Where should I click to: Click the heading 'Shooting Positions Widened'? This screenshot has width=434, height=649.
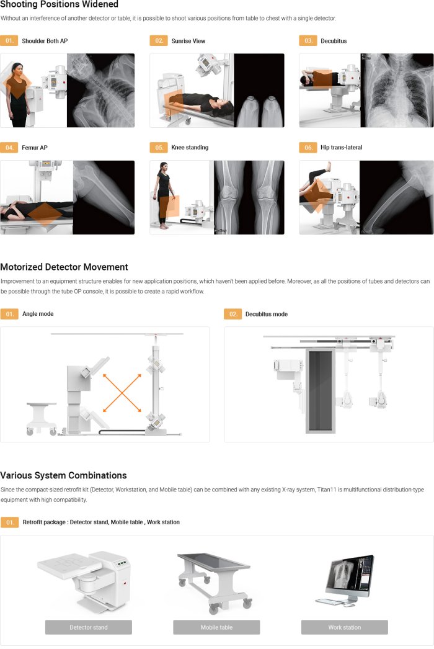point(59,4)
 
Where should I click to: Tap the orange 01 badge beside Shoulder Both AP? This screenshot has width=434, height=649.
point(9,40)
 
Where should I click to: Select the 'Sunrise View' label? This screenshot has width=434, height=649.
point(188,41)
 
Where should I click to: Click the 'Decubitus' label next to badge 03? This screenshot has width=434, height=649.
point(334,41)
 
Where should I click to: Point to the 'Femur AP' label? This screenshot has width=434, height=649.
point(35,147)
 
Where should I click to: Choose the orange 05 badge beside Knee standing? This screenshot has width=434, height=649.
point(159,147)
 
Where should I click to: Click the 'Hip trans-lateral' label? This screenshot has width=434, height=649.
point(342,147)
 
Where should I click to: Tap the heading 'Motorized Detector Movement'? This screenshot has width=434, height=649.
point(64,267)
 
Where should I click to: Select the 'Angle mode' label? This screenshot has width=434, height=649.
point(38,314)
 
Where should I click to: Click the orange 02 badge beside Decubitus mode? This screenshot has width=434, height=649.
point(233,314)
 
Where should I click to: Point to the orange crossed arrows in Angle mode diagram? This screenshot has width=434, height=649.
point(122,393)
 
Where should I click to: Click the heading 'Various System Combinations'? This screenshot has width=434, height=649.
point(63,475)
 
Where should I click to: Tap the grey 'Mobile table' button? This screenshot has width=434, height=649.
point(216,627)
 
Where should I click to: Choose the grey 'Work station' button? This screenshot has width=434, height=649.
point(345,627)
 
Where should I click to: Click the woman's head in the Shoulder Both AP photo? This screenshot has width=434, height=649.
point(17,68)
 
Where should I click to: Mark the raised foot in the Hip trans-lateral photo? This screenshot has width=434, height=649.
point(328,166)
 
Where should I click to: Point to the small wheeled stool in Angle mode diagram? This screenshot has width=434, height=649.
point(42,418)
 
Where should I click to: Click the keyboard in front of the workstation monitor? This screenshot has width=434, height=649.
point(329,602)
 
